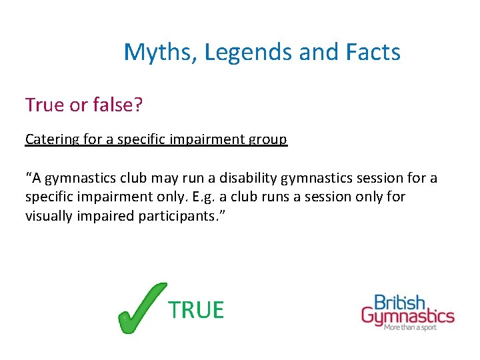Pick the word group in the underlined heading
(269, 139)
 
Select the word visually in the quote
(49, 215)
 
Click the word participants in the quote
(177, 215)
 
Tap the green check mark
(141, 308)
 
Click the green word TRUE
(196, 310)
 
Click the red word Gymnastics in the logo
(407, 316)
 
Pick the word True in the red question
(45, 105)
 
